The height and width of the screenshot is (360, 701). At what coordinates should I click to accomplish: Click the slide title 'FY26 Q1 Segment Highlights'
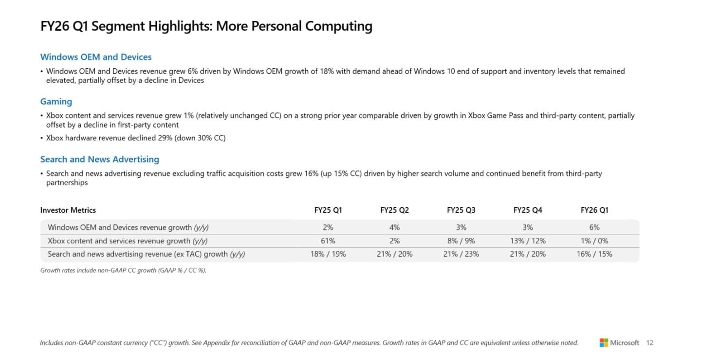206,26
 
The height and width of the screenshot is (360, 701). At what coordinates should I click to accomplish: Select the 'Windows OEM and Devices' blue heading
96,57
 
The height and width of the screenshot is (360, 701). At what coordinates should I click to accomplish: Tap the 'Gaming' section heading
56,102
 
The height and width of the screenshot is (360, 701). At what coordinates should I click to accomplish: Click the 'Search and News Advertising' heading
99,159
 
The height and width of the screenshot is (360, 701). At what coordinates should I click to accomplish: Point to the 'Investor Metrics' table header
68,210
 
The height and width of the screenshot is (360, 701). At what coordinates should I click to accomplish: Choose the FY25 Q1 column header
328,210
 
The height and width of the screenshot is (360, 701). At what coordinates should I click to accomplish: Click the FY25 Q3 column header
461,210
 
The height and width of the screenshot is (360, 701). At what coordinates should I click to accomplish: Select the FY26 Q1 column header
594,210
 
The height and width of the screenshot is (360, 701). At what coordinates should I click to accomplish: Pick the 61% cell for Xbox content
328,241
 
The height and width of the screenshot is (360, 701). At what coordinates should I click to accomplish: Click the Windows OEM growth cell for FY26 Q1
594,227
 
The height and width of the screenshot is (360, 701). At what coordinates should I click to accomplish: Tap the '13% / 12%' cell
528,241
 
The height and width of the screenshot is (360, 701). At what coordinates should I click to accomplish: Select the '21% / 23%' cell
461,254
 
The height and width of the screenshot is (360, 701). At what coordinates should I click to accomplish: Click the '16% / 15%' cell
594,254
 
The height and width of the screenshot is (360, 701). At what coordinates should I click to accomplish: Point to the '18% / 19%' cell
328,254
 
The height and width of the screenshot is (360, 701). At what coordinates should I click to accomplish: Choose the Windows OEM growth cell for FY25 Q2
394,227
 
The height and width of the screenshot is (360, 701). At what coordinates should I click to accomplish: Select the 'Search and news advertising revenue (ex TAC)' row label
146,254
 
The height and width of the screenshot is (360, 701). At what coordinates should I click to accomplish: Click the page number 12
650,343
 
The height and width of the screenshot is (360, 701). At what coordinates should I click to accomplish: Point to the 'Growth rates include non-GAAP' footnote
123,270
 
